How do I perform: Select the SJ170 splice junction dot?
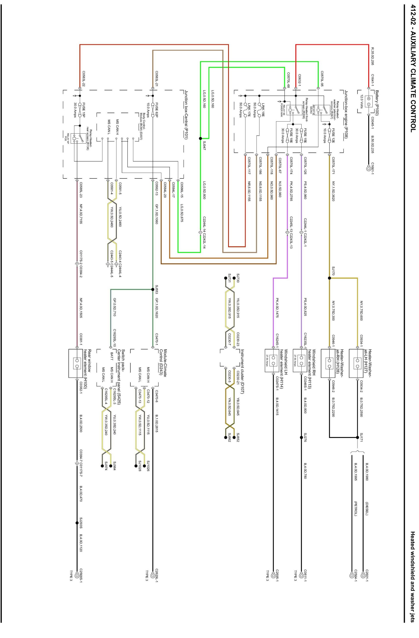(x=329, y=278)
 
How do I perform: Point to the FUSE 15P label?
(x=83, y=110)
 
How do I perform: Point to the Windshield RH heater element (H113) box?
(x=301, y=360)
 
